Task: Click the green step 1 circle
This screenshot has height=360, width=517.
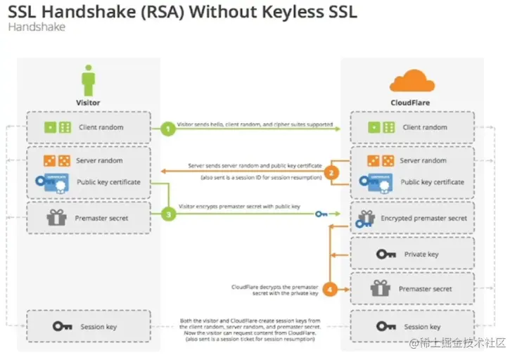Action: click(x=167, y=128)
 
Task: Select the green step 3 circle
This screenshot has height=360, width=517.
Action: click(x=167, y=213)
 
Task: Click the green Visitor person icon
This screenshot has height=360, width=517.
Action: click(x=88, y=81)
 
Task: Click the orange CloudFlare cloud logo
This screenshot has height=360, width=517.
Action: click(x=409, y=81)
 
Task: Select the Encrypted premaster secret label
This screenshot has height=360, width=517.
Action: click(x=423, y=218)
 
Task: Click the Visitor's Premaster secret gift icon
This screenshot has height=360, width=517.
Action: click(x=56, y=218)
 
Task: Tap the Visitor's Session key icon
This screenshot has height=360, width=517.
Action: click(x=63, y=327)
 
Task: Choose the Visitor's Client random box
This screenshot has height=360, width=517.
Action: click(x=88, y=127)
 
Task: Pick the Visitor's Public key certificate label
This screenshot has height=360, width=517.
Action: click(x=108, y=182)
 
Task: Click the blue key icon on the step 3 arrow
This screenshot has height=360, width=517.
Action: click(x=321, y=214)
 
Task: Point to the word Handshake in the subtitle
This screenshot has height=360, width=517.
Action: click(x=36, y=27)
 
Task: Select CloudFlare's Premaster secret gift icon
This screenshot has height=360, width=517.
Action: click(x=381, y=288)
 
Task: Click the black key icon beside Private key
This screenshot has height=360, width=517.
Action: click(x=386, y=254)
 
